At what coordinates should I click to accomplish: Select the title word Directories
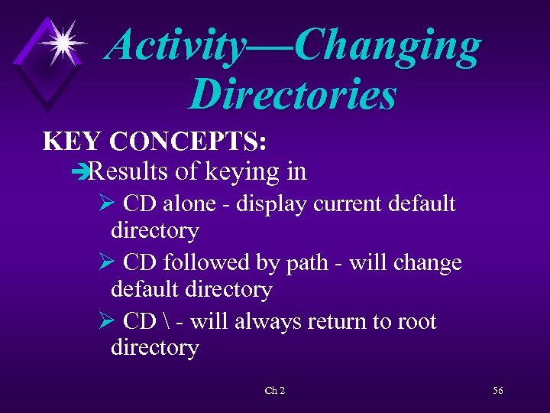(293, 95)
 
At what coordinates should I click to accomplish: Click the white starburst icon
(63, 41)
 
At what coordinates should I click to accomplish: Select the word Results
(128, 171)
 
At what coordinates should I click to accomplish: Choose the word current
(341, 204)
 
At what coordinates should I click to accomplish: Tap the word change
(429, 262)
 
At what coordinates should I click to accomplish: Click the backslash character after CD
(166, 321)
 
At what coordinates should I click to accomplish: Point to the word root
(417, 321)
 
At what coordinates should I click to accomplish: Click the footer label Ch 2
(274, 391)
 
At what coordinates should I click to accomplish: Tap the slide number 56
(497, 391)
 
